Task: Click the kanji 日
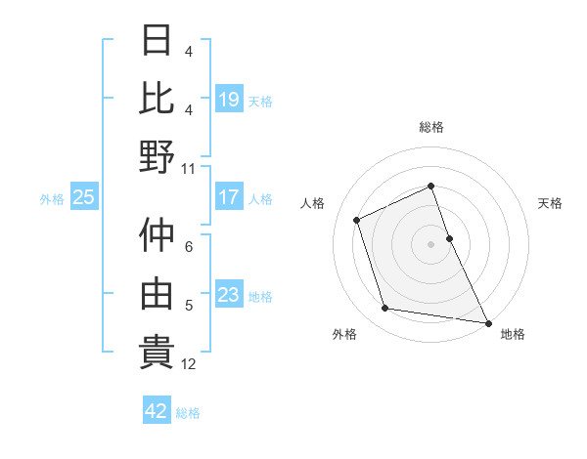(158, 42)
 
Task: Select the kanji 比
(158, 98)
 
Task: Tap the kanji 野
(158, 155)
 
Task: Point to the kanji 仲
(158, 235)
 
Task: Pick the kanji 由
(158, 292)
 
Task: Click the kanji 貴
(158, 351)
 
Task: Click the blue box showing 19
(229, 100)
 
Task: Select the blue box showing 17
(229, 198)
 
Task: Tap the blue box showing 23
(229, 296)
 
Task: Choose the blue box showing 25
(83, 198)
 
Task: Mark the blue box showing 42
(157, 411)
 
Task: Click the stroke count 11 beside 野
(189, 168)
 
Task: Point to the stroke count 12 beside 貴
(189, 364)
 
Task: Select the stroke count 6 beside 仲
(189, 248)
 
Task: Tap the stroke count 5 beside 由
(189, 306)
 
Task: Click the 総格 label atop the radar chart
(431, 127)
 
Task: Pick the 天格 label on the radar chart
(551, 203)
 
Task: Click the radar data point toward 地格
(488, 322)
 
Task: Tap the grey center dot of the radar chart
(431, 243)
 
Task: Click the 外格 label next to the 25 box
(52, 199)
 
